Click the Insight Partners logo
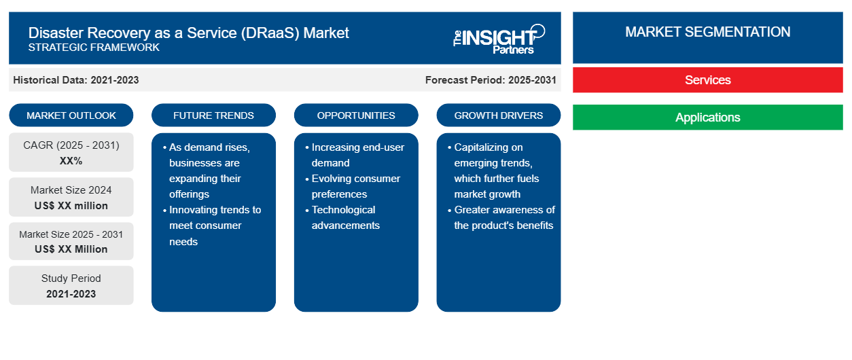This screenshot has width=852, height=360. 499,39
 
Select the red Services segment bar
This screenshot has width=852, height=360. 707,80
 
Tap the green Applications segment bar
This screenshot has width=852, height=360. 707,117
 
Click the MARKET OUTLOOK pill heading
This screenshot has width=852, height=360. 71,115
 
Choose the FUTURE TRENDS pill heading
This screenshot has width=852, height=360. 213,115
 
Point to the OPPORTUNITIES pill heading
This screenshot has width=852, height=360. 356,115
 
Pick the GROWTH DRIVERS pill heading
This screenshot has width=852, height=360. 498,115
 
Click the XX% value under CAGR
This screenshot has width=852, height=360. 71,161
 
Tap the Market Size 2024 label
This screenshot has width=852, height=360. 71,190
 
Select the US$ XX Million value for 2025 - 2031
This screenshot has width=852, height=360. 71,249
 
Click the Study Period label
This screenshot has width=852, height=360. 71,278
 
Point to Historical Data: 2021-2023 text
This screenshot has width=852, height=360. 76,80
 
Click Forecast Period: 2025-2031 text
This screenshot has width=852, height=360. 491,80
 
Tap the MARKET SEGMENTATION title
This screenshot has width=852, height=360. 707,32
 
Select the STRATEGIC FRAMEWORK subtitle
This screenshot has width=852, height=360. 94,48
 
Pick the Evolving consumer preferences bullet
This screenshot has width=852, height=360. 353,186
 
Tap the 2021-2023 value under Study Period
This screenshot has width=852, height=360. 71,294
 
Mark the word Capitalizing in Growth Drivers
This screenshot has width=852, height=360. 489,147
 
